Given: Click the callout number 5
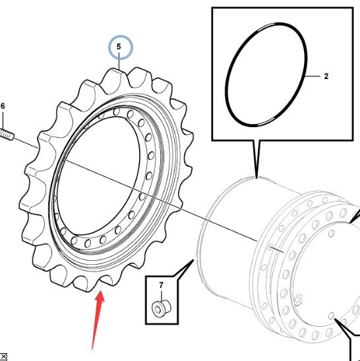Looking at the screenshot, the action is pos(119,47).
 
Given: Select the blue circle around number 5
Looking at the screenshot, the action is pos(121,36).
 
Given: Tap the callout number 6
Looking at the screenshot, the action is pos(3,106).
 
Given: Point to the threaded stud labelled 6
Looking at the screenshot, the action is pos(7,135).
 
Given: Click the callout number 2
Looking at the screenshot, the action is pos(326,76).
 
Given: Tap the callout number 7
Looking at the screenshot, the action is pos(161,285).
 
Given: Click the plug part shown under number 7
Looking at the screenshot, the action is pos(162,308).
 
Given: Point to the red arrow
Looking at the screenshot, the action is pos(98,320).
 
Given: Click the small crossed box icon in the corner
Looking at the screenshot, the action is pos(3,356).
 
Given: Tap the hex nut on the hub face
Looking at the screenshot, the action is pos(298,299).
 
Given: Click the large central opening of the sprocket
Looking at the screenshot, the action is pos(98,176).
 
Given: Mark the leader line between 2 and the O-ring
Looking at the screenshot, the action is pos(313,76).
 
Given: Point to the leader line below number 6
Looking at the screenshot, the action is pos(3,119).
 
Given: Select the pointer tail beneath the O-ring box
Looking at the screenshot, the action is pos(256,159).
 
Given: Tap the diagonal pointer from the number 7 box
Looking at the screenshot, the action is pos(183,267).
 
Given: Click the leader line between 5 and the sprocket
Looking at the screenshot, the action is pos(119,61).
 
